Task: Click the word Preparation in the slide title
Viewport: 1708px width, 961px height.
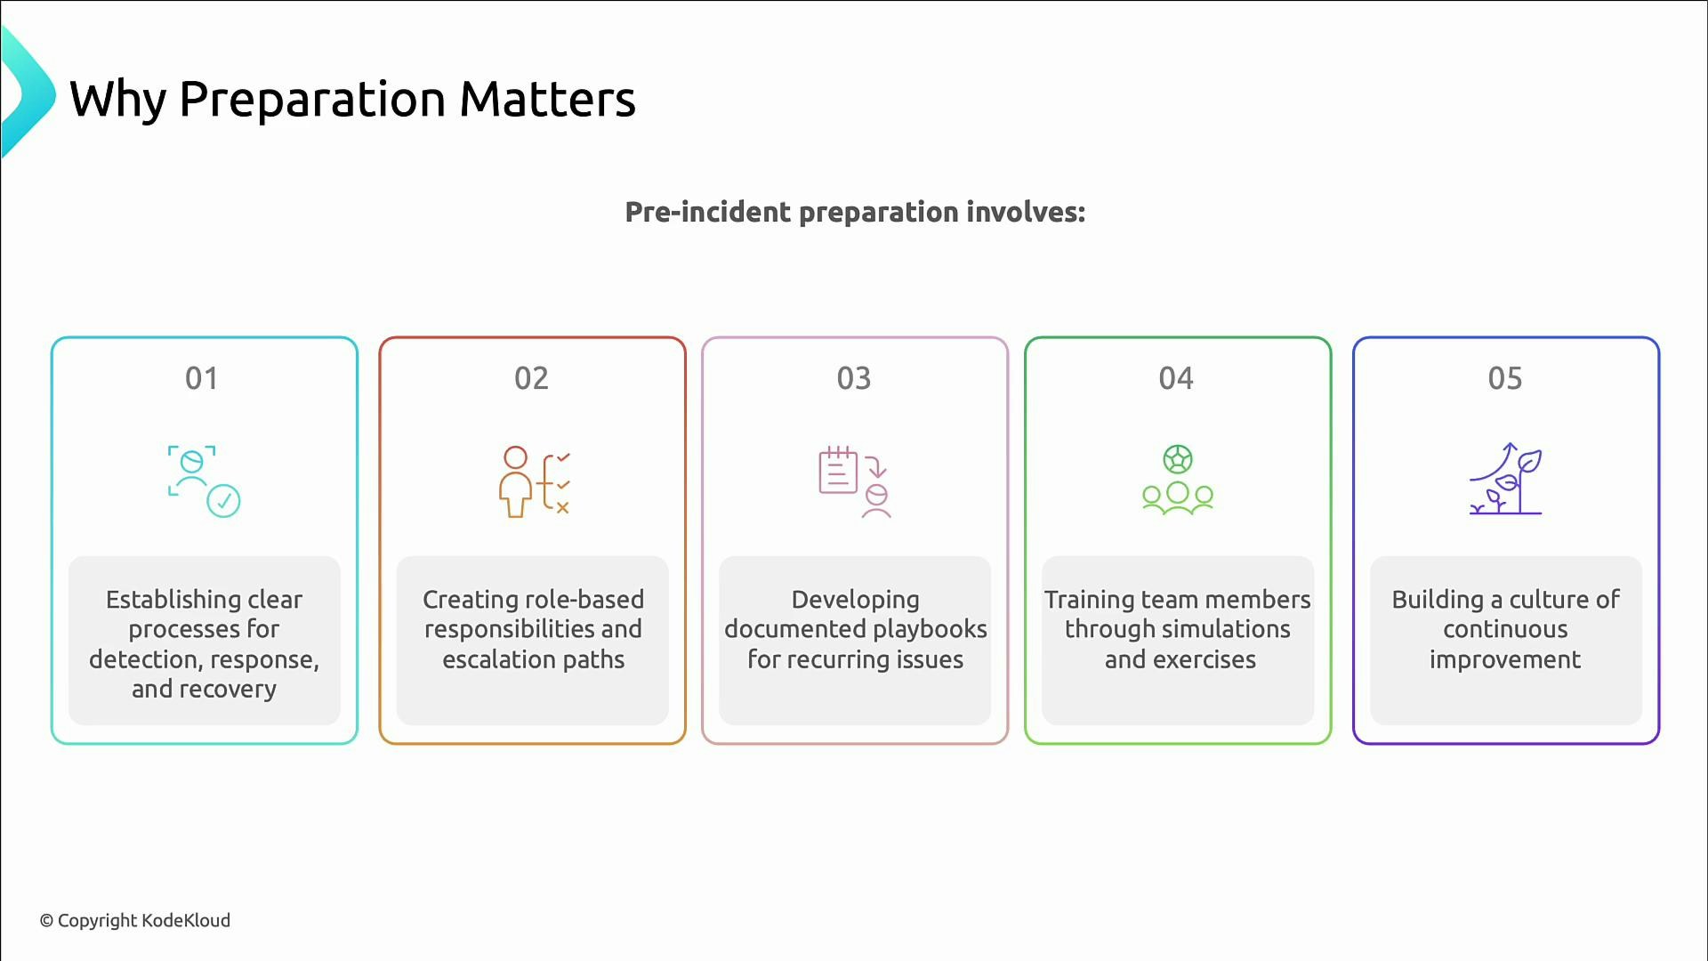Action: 311,100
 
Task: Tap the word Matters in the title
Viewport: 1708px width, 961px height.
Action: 547,100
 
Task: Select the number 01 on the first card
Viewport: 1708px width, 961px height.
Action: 202,379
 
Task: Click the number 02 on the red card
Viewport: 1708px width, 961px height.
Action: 531,379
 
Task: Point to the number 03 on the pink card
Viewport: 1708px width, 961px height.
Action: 854,379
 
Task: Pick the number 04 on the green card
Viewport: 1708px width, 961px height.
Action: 1176,379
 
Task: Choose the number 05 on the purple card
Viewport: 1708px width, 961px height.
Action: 1505,379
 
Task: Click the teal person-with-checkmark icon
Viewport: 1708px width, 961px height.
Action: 204,481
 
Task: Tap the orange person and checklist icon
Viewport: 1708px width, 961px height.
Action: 534,481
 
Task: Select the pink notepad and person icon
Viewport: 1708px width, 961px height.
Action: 855,481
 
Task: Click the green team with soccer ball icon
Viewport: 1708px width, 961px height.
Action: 1178,481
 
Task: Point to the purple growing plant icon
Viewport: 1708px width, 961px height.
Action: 1505,480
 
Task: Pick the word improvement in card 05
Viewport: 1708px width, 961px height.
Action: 1505,659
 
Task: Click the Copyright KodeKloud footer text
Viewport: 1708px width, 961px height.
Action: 135,921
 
